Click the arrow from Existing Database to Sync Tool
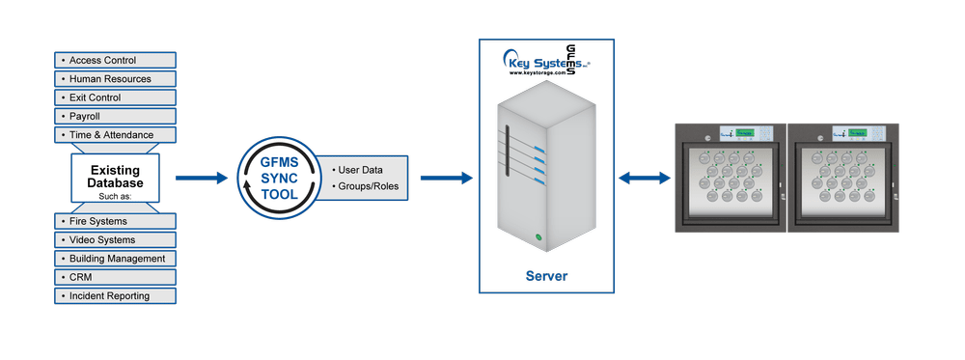point(199,179)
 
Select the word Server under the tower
point(546,277)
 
